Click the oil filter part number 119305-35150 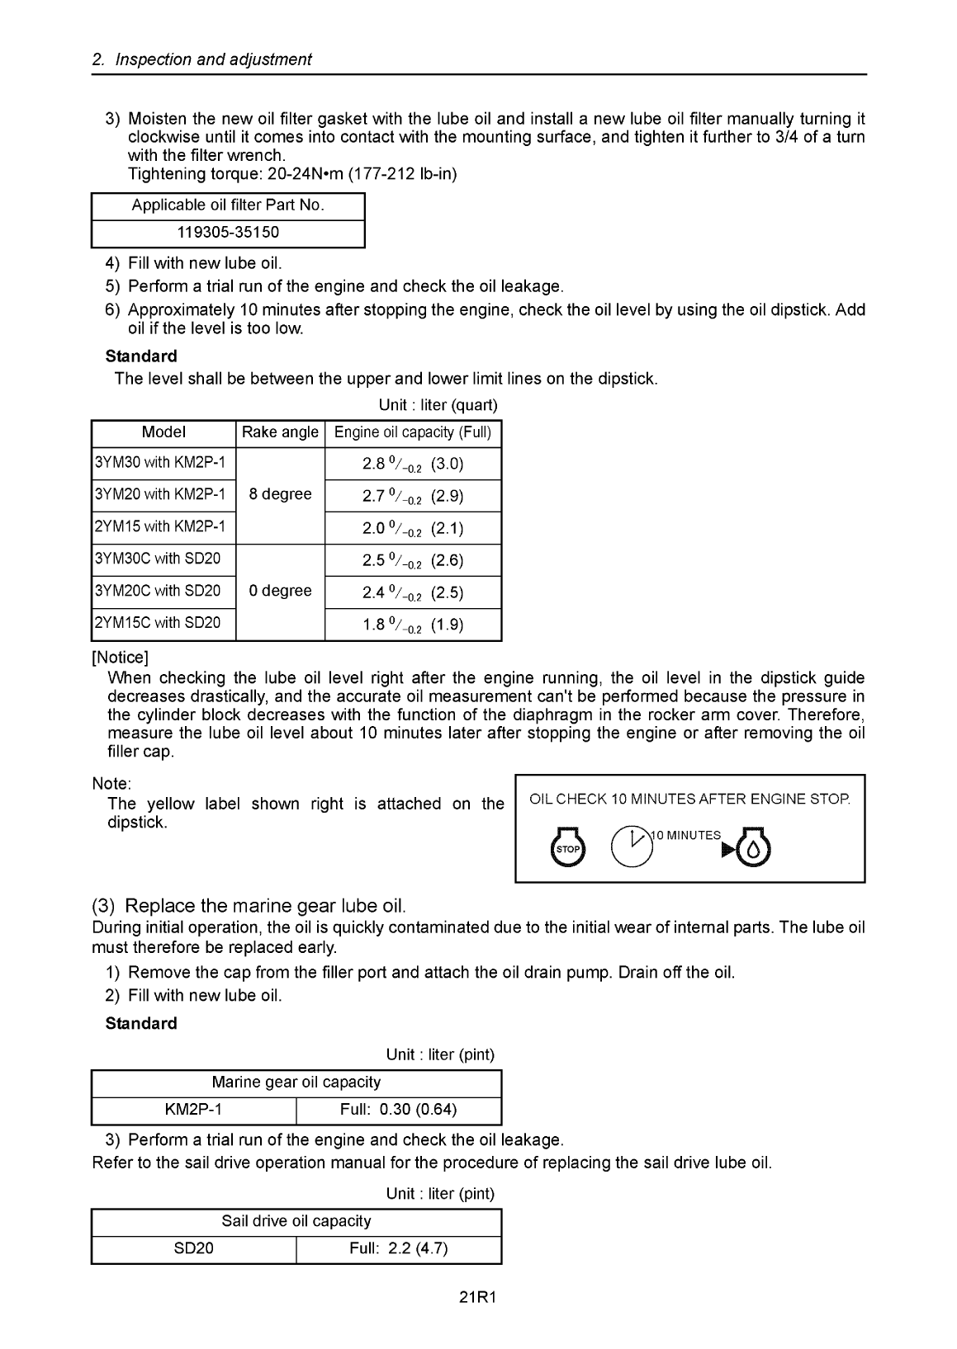click(x=228, y=233)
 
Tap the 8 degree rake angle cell click(x=281, y=494)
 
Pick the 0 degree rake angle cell click(x=281, y=591)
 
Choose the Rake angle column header click(x=281, y=432)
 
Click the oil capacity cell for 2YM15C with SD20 click(x=413, y=625)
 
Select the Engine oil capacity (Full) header click(x=413, y=432)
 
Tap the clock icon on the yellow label click(x=632, y=844)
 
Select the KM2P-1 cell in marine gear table click(x=193, y=1110)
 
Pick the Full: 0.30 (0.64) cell click(x=398, y=1110)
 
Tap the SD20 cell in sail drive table click(x=193, y=1248)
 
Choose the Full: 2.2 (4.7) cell click(x=398, y=1248)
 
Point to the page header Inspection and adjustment click(x=202, y=59)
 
